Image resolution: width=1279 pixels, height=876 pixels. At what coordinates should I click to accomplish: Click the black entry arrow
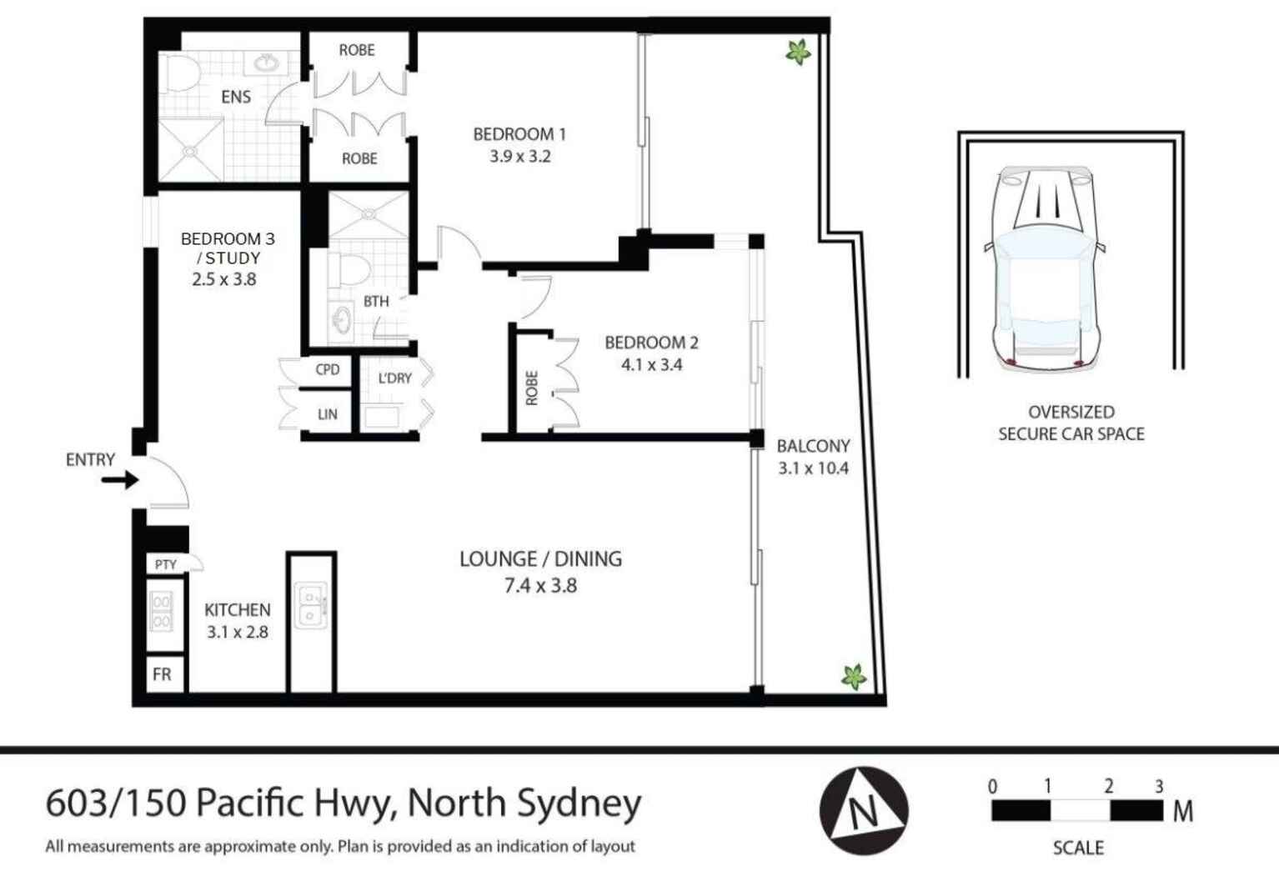(x=119, y=480)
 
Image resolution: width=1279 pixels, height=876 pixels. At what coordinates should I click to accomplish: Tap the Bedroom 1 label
(x=519, y=134)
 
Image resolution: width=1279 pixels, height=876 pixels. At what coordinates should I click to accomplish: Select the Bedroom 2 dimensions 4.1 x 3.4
(x=651, y=364)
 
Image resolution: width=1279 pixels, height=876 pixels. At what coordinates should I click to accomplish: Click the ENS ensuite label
(x=235, y=97)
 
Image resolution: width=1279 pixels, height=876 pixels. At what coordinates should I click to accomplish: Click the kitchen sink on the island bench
(x=312, y=606)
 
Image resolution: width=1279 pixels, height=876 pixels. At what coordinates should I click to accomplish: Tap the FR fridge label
(x=162, y=674)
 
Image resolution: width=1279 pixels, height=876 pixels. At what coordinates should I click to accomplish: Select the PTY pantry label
(x=165, y=564)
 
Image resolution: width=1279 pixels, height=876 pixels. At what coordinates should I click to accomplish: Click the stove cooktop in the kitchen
(x=161, y=611)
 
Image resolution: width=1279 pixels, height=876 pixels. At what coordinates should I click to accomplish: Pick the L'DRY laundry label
(x=394, y=378)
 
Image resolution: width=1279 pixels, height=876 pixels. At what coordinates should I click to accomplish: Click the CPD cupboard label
(x=327, y=369)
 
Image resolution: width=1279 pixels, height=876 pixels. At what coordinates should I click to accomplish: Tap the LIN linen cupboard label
(x=327, y=414)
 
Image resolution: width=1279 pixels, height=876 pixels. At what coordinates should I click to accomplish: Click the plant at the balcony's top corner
(x=798, y=53)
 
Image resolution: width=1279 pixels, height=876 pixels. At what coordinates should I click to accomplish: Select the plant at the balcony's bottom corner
(x=853, y=677)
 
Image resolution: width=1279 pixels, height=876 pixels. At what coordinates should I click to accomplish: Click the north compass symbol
(x=863, y=810)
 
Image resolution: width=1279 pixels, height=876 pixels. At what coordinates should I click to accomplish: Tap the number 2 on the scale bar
(x=1108, y=786)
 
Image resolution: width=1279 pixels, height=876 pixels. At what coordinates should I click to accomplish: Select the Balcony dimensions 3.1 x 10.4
(x=813, y=468)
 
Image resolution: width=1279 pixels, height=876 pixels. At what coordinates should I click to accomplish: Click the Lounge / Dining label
(x=540, y=558)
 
